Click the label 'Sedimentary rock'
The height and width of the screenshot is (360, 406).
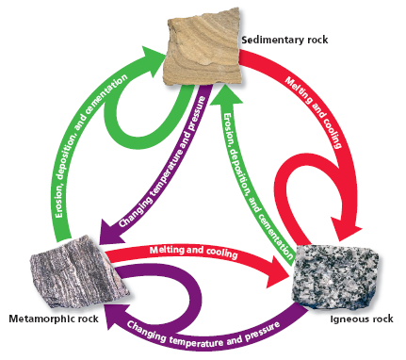click(x=281, y=41)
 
